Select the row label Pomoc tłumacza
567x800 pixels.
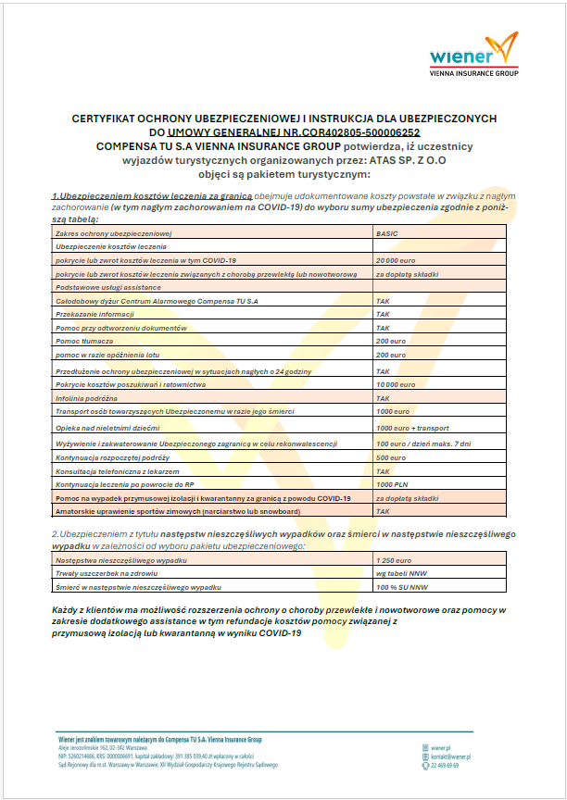tap(84, 342)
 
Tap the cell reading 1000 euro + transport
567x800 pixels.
tap(412, 428)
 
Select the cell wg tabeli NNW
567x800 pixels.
tap(397, 574)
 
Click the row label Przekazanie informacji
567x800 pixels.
tap(94, 315)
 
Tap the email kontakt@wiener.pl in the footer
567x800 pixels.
tap(451, 756)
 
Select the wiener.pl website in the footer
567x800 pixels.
tap(441, 746)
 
